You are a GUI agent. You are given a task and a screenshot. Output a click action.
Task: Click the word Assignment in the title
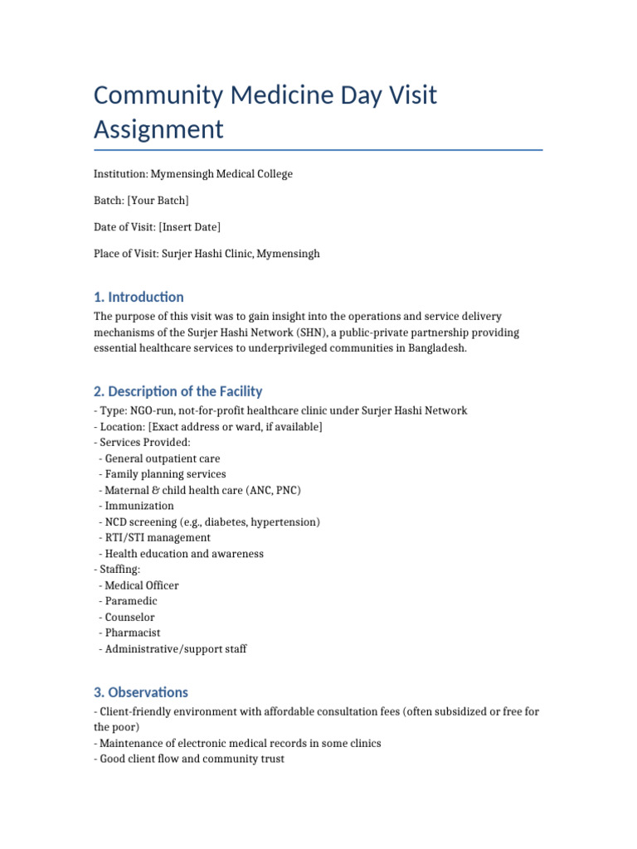[158, 129]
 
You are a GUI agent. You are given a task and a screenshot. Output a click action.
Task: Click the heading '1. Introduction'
[139, 297]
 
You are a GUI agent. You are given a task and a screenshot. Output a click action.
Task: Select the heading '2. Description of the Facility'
[177, 391]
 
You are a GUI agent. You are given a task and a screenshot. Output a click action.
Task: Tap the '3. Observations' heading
[140, 692]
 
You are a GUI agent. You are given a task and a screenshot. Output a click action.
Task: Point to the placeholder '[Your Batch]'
[158, 201]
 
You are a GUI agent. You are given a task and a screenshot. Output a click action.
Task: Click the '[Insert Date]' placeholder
[190, 227]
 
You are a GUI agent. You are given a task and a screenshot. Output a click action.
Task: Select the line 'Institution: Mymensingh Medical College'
[192, 174]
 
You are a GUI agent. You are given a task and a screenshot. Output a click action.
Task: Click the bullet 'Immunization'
[139, 506]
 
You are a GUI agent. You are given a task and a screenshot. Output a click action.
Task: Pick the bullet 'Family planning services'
[165, 474]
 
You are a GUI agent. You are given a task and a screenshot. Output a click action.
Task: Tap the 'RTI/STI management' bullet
[158, 537]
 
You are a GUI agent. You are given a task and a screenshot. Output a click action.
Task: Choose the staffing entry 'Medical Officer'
[142, 585]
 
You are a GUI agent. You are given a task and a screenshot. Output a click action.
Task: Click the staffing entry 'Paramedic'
[131, 601]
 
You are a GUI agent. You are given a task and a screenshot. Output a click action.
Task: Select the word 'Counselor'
[129, 617]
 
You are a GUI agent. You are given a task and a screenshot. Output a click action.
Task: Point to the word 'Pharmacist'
[133, 633]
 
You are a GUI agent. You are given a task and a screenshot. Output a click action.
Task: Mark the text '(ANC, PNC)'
[274, 490]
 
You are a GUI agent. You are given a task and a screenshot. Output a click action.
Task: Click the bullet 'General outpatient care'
[163, 458]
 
